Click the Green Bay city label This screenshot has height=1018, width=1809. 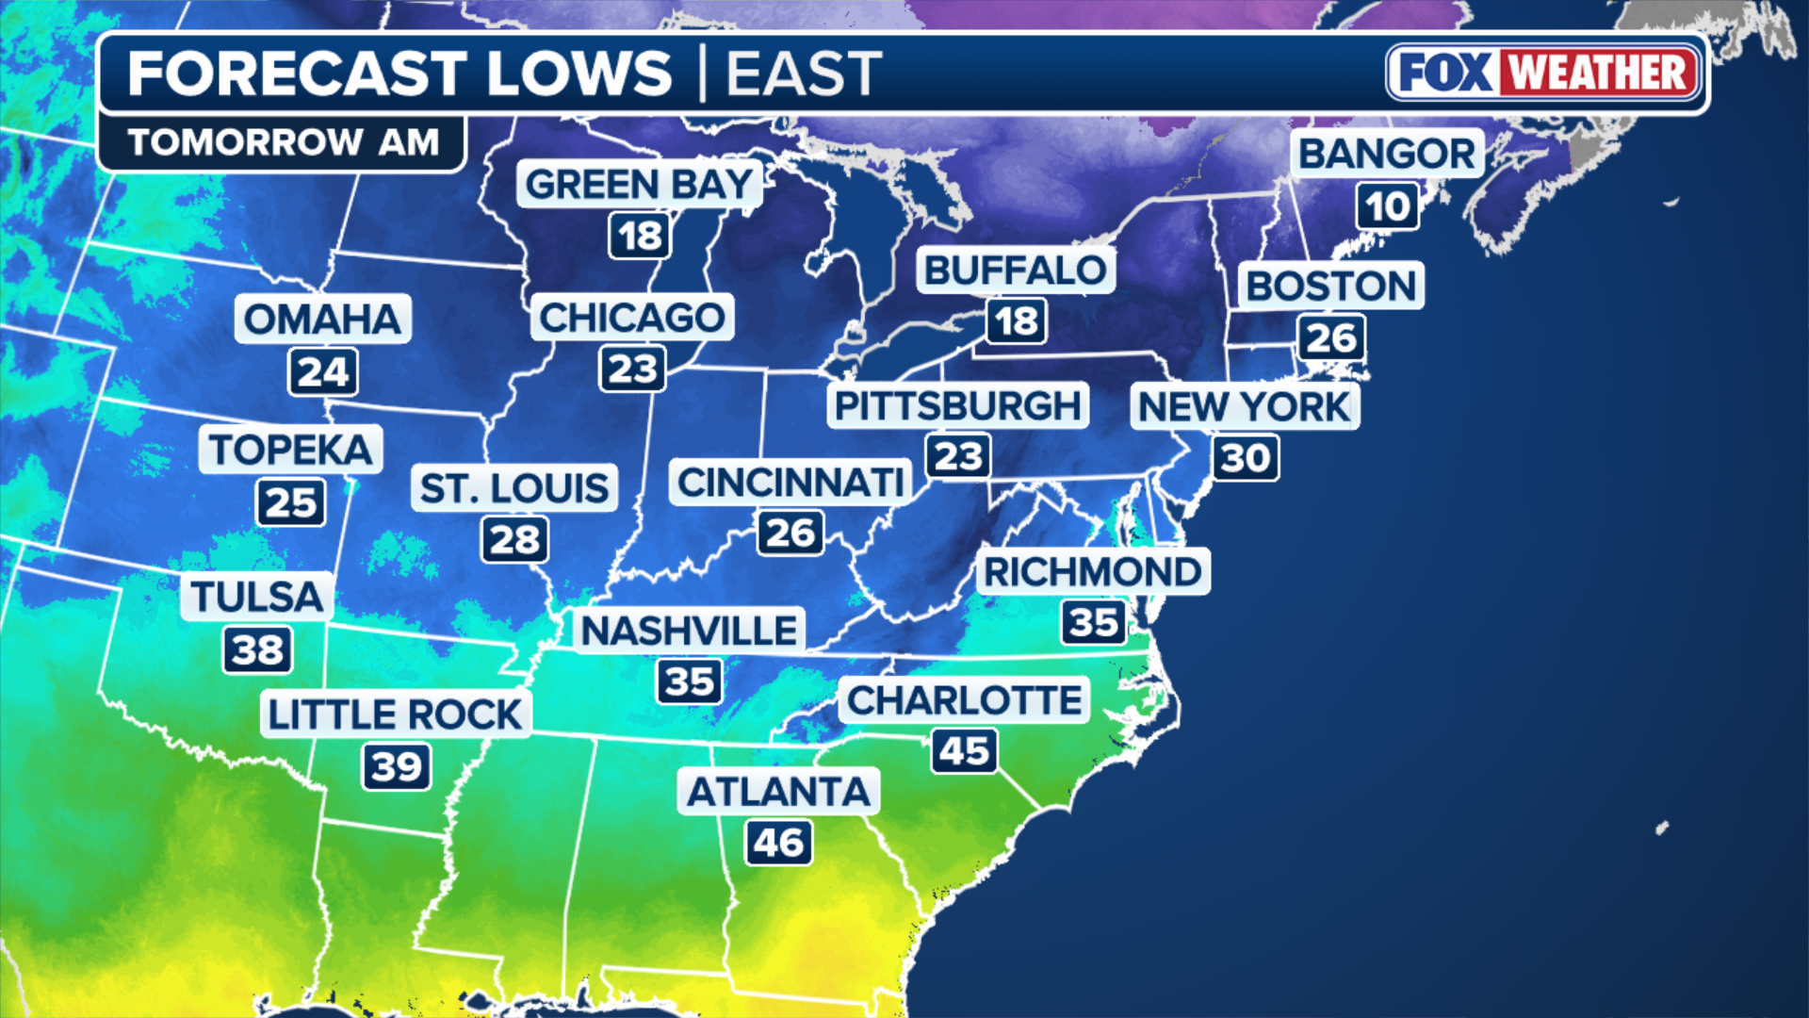[639, 184]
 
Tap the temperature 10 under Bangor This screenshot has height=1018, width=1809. [1388, 206]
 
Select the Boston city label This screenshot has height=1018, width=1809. [1330, 286]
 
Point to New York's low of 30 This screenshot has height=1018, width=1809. [1246, 458]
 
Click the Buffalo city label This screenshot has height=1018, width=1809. [1016, 271]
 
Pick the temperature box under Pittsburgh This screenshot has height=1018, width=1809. [958, 457]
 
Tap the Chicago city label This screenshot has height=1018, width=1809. [631, 318]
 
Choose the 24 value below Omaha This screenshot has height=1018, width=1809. [323, 372]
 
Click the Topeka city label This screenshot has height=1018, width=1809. [290, 450]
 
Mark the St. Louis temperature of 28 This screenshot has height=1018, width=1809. [514, 540]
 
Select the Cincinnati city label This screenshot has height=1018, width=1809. [790, 483]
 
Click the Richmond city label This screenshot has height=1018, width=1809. [1092, 571]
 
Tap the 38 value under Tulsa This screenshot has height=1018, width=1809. [257, 650]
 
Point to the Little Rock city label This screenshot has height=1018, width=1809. [395, 714]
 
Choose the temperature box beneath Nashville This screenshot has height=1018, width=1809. [690, 681]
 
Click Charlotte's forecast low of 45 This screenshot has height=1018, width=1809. [964, 751]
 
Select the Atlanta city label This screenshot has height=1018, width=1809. [778, 792]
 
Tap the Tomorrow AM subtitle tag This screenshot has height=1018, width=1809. [283, 142]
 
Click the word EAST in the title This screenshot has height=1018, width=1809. [804, 74]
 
